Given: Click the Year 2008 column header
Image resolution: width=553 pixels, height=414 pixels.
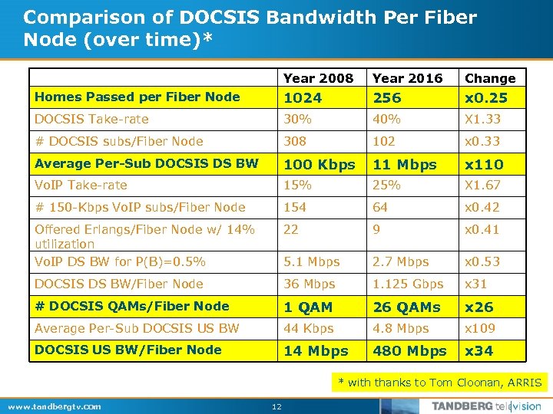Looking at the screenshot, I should point(318,78).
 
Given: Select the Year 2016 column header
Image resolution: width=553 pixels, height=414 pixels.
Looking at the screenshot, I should point(407,78).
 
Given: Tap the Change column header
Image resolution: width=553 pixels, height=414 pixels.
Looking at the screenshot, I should point(490,78).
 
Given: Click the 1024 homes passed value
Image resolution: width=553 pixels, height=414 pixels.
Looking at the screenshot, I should point(303,97).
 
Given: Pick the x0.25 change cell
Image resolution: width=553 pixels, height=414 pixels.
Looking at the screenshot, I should point(484,97).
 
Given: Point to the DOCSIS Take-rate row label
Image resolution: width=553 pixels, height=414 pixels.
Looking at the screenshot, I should point(91,119).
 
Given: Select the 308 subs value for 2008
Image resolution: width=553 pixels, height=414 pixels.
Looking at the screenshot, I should point(295,141).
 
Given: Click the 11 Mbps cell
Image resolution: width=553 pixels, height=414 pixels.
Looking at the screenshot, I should point(404,164).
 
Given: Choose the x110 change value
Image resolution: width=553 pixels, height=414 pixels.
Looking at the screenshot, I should point(484,164).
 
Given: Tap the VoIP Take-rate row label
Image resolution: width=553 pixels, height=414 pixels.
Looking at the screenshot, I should point(81,185).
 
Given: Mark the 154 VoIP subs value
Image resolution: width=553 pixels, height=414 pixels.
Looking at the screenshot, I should point(295,207).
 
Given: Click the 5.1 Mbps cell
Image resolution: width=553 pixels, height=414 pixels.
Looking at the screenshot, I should point(311,261).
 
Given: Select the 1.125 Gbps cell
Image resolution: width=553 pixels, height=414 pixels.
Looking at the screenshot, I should point(408,284).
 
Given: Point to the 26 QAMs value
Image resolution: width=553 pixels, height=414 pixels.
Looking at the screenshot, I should point(406,307).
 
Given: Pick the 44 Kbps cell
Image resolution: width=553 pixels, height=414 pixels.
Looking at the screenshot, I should point(308,328).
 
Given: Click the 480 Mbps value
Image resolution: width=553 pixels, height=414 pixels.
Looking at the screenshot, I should point(409,350).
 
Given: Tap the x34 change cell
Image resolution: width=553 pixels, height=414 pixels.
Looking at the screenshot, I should point(479,350).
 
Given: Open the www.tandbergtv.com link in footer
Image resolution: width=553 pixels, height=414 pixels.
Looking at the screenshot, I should point(53,406).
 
